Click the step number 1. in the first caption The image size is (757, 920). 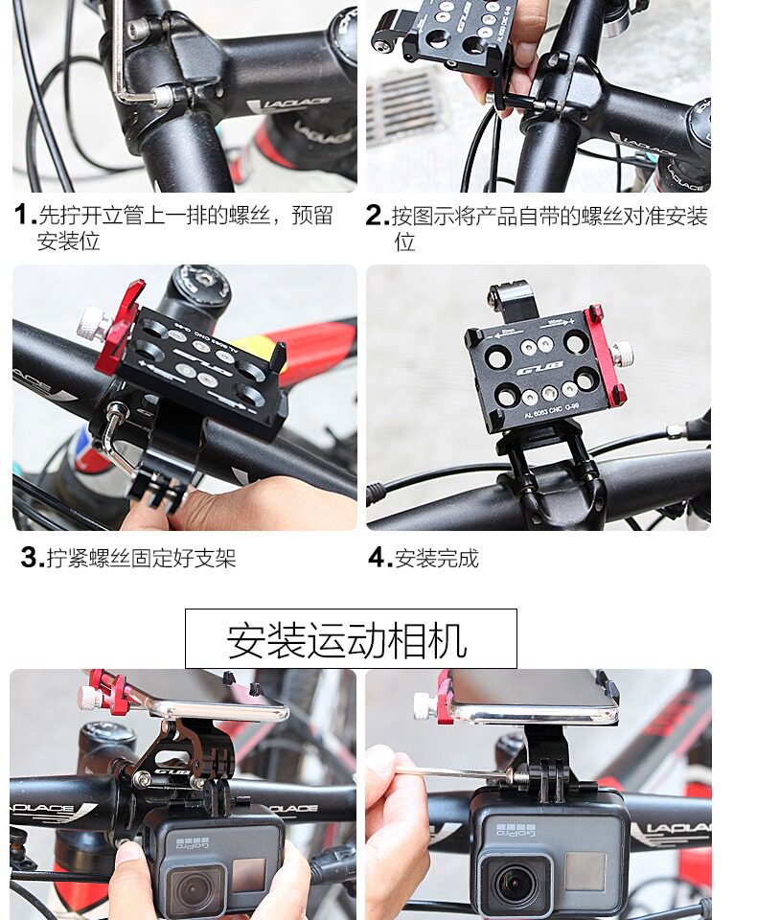click(25, 215)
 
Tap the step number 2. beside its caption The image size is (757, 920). click(378, 216)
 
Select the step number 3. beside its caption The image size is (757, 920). click(33, 558)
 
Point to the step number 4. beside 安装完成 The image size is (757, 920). click(380, 558)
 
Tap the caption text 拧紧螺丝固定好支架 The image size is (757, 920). click(142, 558)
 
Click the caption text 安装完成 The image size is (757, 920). click(437, 558)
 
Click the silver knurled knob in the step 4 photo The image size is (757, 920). click(622, 355)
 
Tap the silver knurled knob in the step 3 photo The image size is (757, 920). click(93, 322)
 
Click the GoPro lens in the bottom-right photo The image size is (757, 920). click(515, 887)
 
